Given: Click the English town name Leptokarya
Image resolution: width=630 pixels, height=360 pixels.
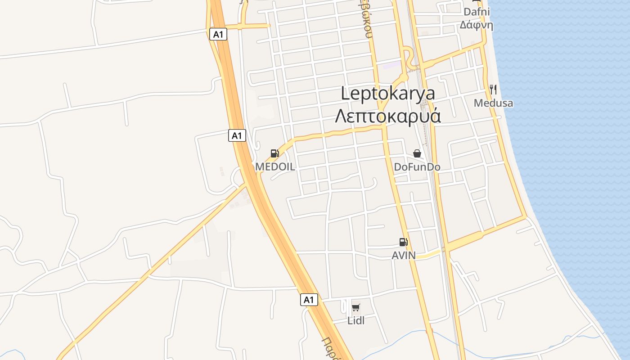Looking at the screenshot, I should [388, 94].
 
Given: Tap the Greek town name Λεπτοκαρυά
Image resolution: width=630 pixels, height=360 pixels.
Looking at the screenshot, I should [388, 116].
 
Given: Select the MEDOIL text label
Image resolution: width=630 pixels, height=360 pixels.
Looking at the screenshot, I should [275, 167].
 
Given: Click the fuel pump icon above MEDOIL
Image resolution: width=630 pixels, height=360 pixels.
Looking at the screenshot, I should [274, 153].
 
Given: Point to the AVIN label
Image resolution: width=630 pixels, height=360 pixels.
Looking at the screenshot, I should [404, 256].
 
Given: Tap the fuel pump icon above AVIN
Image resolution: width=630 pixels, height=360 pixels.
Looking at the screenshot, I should [403, 242].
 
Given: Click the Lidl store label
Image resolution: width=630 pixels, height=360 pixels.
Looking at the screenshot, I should [356, 320].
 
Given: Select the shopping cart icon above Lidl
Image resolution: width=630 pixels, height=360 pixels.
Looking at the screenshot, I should [356, 308].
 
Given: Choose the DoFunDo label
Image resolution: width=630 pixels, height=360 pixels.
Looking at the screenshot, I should [417, 167].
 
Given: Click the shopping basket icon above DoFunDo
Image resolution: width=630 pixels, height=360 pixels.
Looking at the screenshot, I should [417, 153].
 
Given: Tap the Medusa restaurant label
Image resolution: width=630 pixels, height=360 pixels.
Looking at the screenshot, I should [493, 103].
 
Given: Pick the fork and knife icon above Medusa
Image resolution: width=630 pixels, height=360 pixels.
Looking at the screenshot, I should [493, 89].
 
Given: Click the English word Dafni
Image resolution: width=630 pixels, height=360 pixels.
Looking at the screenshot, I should [477, 12].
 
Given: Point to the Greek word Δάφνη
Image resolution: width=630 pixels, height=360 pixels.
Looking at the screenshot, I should [477, 25].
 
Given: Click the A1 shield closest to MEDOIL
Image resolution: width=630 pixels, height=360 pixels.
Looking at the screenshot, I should [237, 135].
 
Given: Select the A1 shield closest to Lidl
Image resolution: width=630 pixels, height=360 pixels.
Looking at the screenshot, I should [309, 300].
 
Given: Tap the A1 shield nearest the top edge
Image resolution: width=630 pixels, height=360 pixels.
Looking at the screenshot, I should [218, 34].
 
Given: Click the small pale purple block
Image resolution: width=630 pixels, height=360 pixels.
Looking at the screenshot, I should [391, 66].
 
